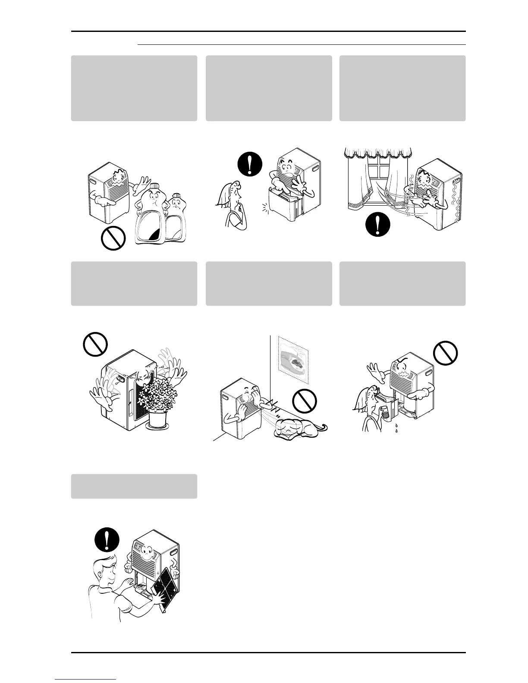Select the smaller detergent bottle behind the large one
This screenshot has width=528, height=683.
pyautogui.click(x=177, y=220)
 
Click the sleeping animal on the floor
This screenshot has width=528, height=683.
pyautogui.click(x=298, y=427)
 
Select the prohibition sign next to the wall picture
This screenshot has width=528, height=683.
pyautogui.click(x=305, y=401)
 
